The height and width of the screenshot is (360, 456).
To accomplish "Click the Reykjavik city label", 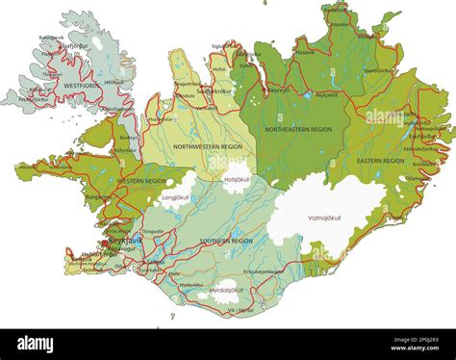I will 124,241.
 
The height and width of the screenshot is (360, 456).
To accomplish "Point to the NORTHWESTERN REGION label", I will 209,145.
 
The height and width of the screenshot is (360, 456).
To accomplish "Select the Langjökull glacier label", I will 174,197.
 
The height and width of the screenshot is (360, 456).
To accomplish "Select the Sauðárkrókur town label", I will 211,91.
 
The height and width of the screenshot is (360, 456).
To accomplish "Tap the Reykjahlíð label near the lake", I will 327,95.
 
